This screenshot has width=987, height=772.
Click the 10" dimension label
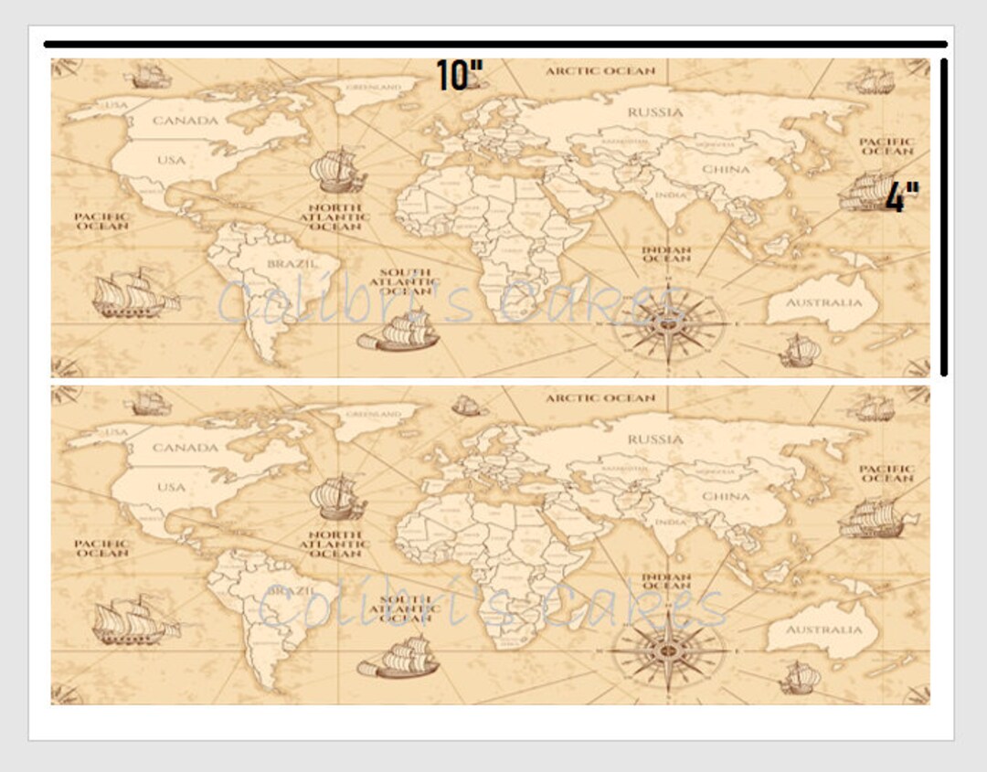click(x=458, y=76)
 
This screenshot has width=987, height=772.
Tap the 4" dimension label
click(x=901, y=196)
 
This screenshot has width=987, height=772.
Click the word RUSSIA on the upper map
click(x=655, y=112)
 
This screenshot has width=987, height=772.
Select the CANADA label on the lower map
click(x=186, y=448)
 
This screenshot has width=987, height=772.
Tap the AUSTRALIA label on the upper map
click(x=824, y=302)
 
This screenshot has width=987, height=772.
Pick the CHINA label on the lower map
click(x=726, y=496)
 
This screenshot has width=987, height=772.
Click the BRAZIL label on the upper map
click(x=292, y=263)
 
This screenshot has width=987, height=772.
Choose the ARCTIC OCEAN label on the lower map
click(x=600, y=398)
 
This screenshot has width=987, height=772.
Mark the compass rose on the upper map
click(x=668, y=322)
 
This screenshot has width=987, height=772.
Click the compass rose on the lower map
click(x=668, y=650)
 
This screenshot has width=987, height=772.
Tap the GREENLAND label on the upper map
click(x=374, y=87)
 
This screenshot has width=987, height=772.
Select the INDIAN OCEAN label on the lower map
click(x=666, y=581)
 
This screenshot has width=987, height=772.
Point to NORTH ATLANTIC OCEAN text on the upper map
click(x=335, y=217)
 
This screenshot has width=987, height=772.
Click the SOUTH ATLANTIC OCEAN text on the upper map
click(x=405, y=281)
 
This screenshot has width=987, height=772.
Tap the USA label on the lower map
click(x=171, y=487)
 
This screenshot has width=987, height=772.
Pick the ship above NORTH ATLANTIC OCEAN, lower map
click(x=337, y=497)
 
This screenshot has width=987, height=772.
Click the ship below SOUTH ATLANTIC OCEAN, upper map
click(x=399, y=331)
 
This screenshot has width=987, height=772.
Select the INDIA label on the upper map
click(x=670, y=195)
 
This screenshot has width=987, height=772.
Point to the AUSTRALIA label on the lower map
click(x=824, y=629)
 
